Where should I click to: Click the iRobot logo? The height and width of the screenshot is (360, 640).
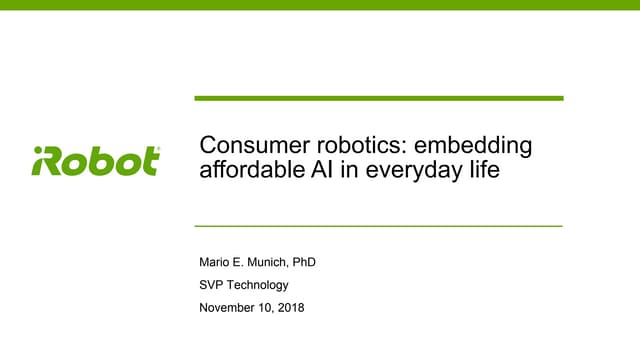[96, 161]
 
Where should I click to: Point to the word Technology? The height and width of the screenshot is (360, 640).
[261, 286]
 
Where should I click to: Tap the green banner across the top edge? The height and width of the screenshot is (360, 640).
[320, 4]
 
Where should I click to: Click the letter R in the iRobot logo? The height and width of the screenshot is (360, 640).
[54, 161]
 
